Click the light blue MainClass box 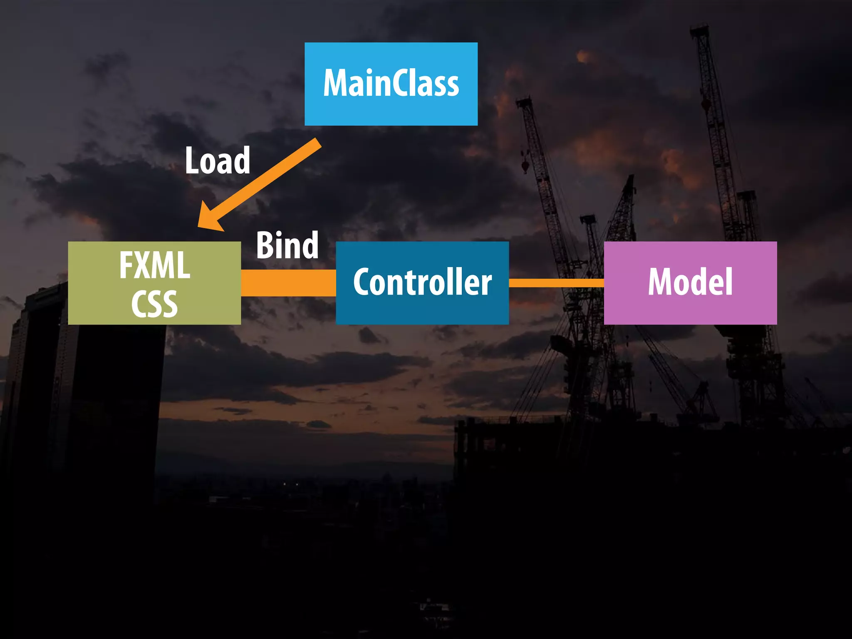pos(391,112)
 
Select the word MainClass pos(391,83)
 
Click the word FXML pos(154,265)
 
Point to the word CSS pos(154,304)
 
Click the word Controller pos(422,282)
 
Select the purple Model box pos(691,312)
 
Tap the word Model pos(691,282)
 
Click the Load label pos(218,161)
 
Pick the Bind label pos(287,245)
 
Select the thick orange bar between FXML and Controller pos(288,283)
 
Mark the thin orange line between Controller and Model pos(556,283)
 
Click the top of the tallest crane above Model pos(700,30)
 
